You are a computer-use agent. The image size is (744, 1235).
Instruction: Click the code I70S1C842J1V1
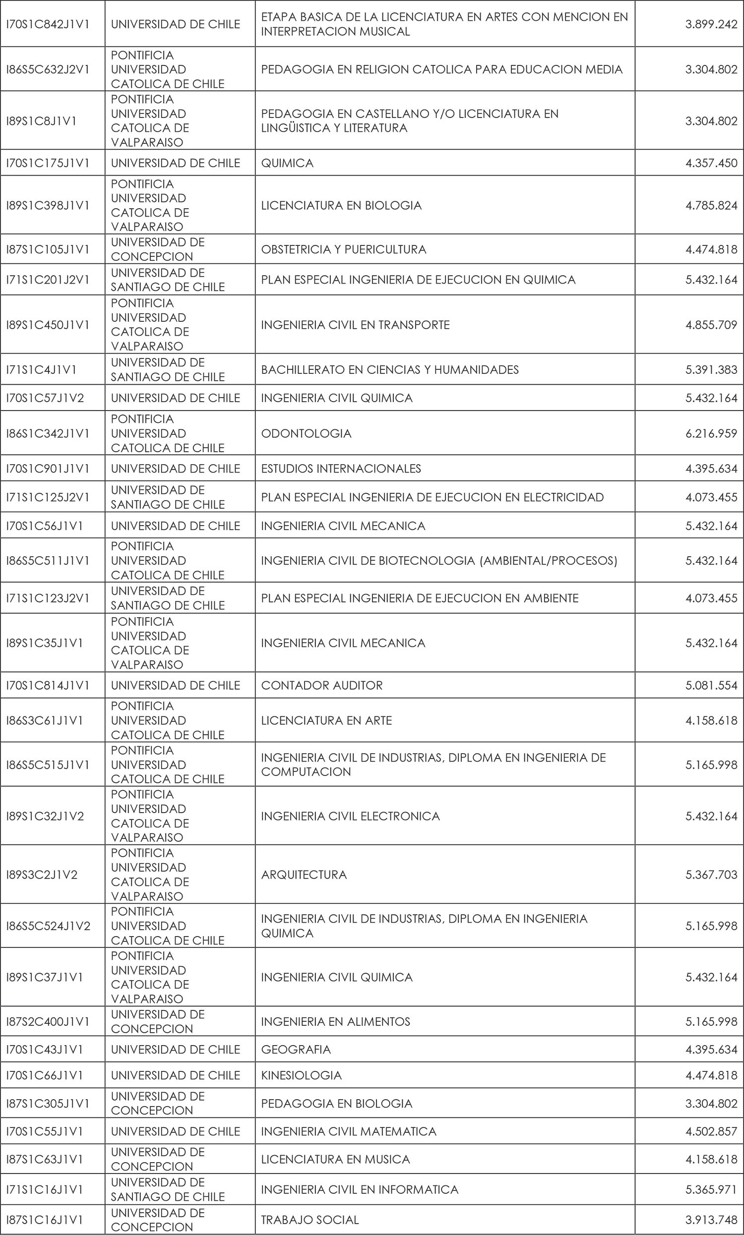click(x=48, y=24)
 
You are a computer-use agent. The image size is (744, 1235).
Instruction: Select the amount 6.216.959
click(x=711, y=433)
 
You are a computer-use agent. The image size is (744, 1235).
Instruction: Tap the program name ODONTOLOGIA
click(x=307, y=433)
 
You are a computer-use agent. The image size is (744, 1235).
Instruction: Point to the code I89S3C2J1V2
click(x=42, y=875)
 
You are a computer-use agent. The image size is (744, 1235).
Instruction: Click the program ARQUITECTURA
click(x=304, y=875)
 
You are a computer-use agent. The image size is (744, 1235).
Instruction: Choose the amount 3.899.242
click(x=711, y=24)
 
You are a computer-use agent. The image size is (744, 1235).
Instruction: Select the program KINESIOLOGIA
click(x=301, y=1075)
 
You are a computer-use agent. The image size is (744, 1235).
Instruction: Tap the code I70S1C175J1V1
click(x=48, y=163)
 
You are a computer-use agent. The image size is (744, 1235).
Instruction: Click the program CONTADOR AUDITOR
click(x=322, y=685)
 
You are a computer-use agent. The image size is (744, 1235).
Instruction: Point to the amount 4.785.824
click(x=711, y=205)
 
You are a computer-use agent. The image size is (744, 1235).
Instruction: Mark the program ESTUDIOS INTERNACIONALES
click(x=341, y=469)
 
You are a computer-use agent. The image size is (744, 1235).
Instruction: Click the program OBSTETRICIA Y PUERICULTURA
click(x=343, y=249)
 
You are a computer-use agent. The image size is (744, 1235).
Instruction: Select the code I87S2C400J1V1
click(x=48, y=1022)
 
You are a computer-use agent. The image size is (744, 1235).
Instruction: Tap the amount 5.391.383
click(x=711, y=370)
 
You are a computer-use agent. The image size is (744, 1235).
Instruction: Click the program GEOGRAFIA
click(x=296, y=1049)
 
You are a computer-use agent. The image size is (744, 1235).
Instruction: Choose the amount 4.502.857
click(x=711, y=1131)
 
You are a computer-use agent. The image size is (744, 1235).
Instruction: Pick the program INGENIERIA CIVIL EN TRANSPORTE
click(x=356, y=325)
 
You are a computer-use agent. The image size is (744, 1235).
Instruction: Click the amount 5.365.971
click(x=711, y=1189)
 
